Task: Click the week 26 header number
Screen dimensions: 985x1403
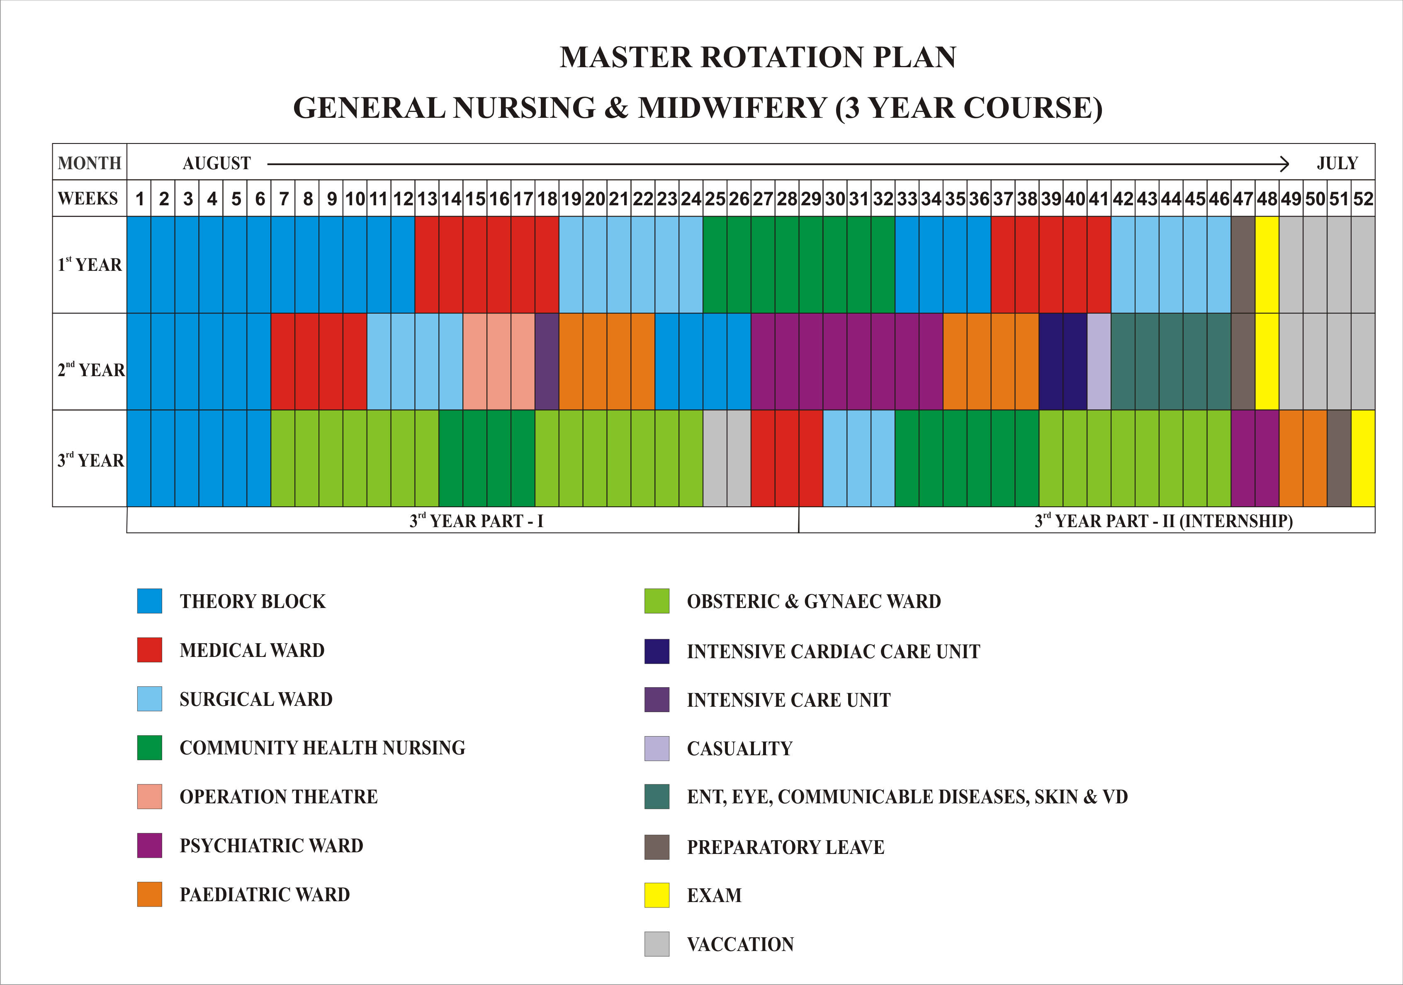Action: tap(739, 199)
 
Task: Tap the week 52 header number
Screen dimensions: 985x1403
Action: tap(1363, 199)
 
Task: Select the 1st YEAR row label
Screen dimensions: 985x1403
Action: tap(90, 265)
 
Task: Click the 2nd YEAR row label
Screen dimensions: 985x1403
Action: tap(90, 370)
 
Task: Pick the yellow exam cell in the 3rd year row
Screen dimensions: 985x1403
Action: tap(1363, 458)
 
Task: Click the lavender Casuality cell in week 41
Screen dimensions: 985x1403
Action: tap(1099, 361)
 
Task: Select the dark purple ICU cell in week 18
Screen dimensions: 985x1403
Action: tap(547, 361)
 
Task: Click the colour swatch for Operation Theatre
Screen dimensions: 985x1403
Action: tap(150, 796)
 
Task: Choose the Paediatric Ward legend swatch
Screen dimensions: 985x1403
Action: tap(150, 894)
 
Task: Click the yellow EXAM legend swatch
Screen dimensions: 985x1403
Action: tap(657, 895)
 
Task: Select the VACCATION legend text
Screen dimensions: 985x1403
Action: tap(740, 944)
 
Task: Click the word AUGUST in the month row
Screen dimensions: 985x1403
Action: tap(217, 163)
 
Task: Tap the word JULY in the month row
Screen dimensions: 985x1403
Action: tap(1337, 163)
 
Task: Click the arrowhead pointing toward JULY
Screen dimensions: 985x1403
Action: tap(1284, 164)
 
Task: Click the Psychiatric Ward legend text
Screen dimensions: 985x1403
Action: tap(271, 845)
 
